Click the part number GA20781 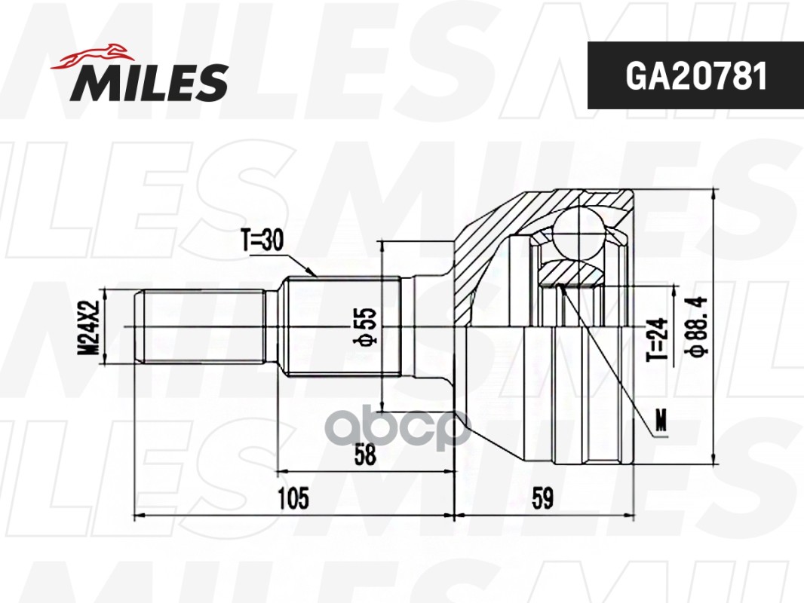coord(695,75)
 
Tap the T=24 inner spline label coord(657,339)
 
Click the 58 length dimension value coord(366,455)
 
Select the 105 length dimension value coord(293,498)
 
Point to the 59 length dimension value coord(542,498)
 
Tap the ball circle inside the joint coord(578,234)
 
